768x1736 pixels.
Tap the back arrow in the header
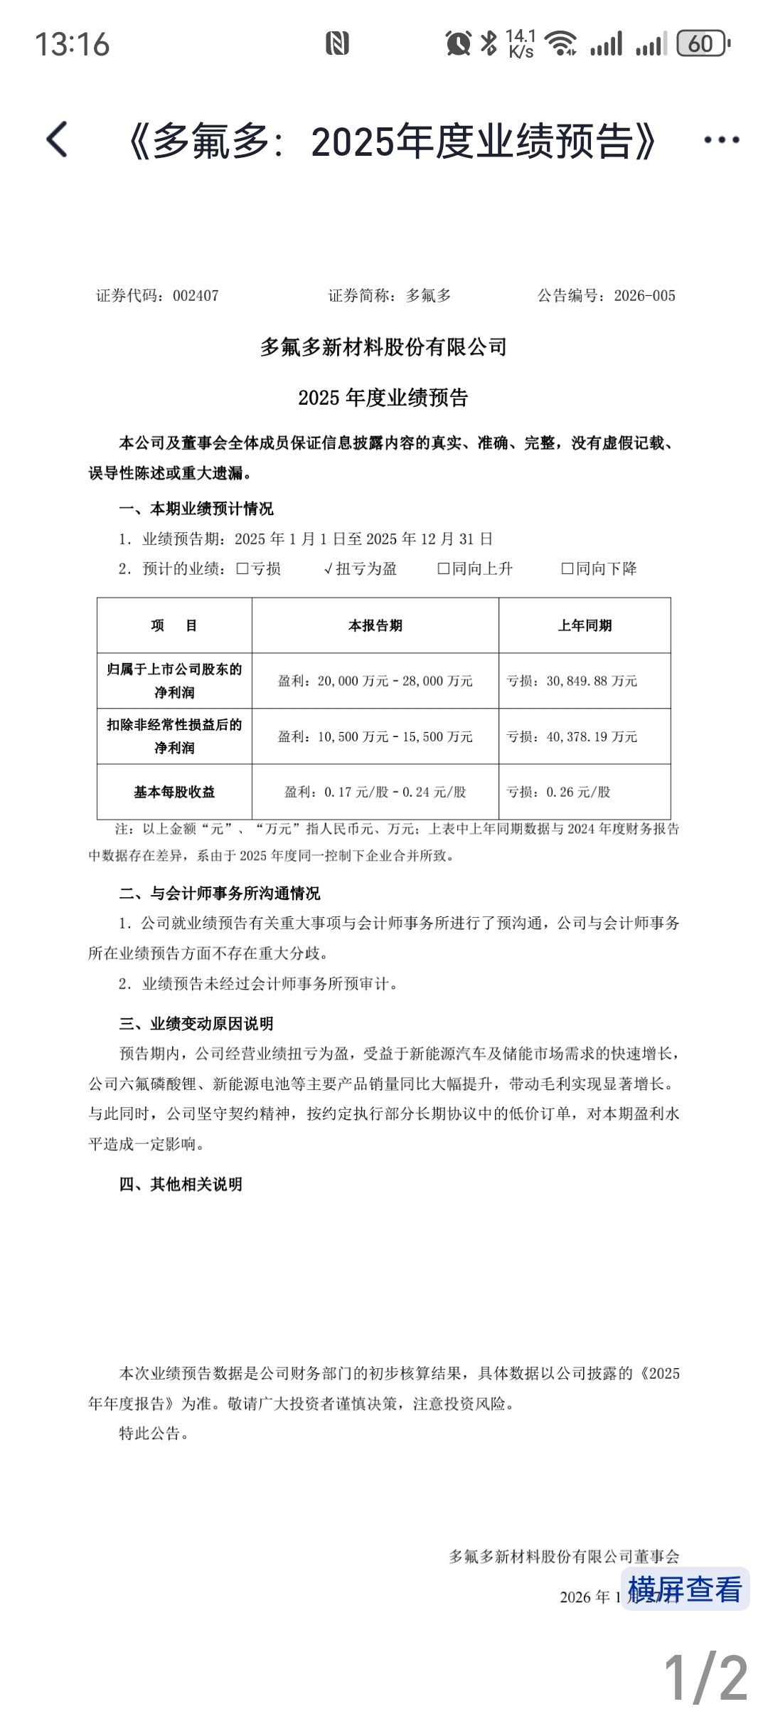(x=57, y=139)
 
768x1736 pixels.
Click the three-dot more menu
(x=721, y=140)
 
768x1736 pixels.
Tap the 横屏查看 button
(x=685, y=1589)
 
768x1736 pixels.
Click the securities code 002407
(x=196, y=296)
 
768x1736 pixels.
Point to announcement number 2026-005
(x=644, y=296)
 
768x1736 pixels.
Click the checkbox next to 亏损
(x=242, y=569)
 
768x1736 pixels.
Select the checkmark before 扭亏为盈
(x=328, y=569)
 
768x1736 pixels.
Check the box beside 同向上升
(x=443, y=569)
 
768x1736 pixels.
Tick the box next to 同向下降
(x=567, y=569)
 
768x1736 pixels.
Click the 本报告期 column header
(x=375, y=626)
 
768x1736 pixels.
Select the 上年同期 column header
(x=585, y=626)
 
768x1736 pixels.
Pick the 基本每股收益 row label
(x=174, y=792)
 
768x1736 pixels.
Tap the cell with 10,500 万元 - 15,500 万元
(x=375, y=737)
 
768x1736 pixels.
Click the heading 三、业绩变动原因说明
(x=196, y=1024)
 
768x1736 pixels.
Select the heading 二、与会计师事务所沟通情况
(x=220, y=894)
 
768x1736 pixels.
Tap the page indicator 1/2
(x=705, y=1678)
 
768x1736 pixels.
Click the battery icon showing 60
(x=702, y=44)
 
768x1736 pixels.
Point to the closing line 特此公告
(x=154, y=1434)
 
